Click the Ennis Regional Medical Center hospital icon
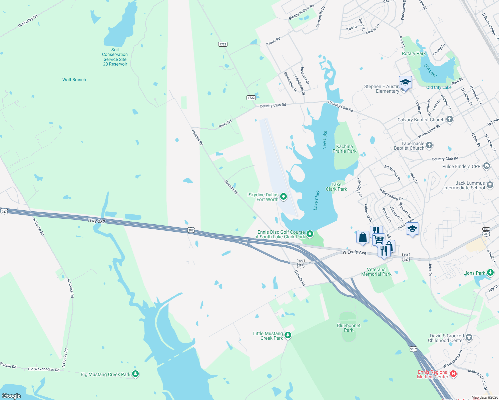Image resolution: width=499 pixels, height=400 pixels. (453, 374)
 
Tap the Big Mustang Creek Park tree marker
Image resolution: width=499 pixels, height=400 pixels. (135, 374)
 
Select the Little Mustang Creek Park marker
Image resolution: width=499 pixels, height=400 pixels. (288, 335)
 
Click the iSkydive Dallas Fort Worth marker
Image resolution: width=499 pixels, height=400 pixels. (284, 197)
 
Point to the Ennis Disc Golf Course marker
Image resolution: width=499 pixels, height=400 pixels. (310, 234)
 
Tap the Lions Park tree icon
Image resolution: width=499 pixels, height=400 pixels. (490, 273)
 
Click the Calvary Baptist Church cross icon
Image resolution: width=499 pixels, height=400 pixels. (450, 119)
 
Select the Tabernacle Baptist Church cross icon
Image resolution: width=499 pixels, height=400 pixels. (429, 145)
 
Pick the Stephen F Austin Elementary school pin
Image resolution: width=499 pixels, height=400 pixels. (405, 82)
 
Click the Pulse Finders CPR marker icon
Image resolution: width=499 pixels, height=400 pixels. (486, 166)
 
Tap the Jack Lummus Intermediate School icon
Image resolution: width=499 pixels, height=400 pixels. (490, 185)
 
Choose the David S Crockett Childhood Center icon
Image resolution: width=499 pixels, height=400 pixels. (469, 338)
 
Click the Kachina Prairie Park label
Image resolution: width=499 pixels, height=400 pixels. (345, 149)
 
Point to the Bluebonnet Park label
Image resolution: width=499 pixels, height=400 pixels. (349, 328)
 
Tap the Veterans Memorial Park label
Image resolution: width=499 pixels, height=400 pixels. (376, 272)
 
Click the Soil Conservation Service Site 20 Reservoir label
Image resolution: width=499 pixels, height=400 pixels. (115, 57)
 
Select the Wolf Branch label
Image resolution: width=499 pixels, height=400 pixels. (74, 80)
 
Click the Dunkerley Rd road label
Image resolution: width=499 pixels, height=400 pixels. (28, 21)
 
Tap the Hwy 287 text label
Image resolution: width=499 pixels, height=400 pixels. (97, 221)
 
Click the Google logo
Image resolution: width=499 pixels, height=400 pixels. (11, 396)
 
